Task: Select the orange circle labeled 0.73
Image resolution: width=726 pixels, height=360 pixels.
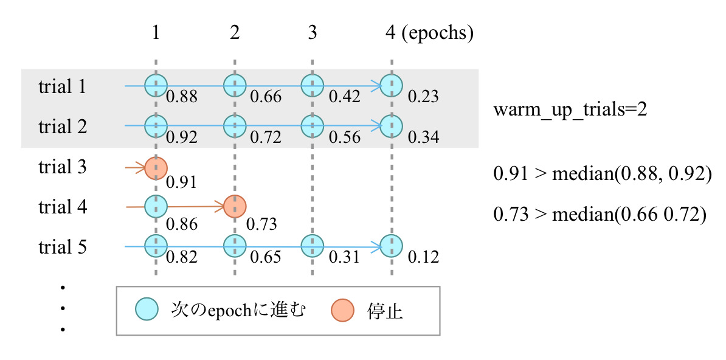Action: pyautogui.click(x=235, y=207)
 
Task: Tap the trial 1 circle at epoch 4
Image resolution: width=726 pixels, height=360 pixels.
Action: pyautogui.click(x=391, y=86)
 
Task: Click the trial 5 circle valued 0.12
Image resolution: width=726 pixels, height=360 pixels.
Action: pyautogui.click(x=391, y=246)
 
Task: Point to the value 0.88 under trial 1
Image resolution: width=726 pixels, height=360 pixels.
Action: pyautogui.click(x=182, y=97)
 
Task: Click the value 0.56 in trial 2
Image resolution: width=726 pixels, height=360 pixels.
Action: pyautogui.click(x=345, y=137)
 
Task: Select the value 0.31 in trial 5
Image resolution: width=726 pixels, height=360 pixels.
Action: pyautogui.click(x=345, y=257)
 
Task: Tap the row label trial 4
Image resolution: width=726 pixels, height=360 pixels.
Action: pyautogui.click(x=63, y=207)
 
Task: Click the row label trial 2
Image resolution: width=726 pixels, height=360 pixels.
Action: pyautogui.click(x=63, y=127)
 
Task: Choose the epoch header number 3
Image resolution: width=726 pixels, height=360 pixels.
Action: pyautogui.click(x=312, y=33)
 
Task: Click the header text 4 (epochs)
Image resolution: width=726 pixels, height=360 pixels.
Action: pyautogui.click(x=429, y=33)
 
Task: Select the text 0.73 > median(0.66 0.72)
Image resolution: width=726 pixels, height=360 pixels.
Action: pyautogui.click(x=599, y=215)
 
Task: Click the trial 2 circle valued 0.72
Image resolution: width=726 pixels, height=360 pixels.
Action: pyautogui.click(x=235, y=126)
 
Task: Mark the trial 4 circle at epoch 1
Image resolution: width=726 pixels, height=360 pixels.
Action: pyautogui.click(x=156, y=207)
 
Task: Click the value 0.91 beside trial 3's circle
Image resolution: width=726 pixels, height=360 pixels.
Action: pyautogui.click(x=182, y=181)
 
